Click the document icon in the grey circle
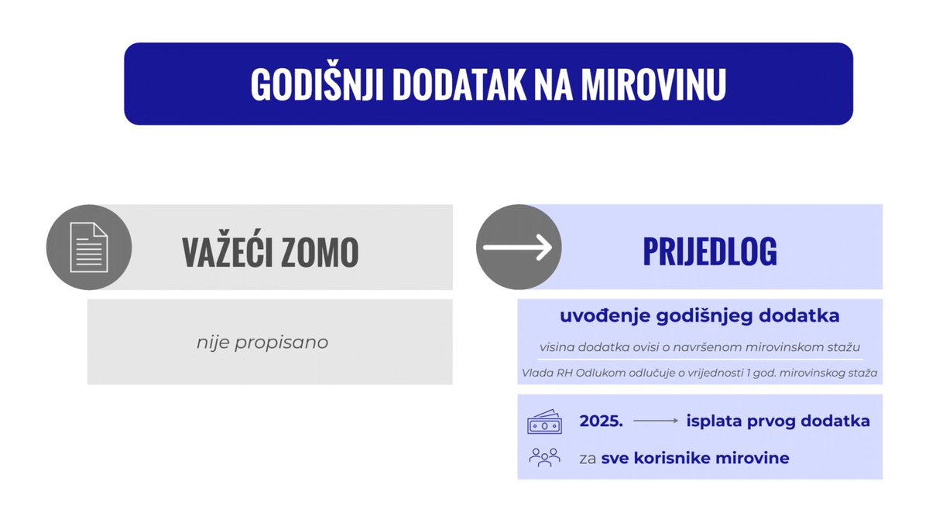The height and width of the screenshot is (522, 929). point(89,247)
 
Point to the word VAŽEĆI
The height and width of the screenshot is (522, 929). point(225,252)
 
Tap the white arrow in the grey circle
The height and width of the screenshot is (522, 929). point(517,247)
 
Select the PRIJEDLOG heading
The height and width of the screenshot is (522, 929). point(710,252)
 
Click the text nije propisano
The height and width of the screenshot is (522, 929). point(262,342)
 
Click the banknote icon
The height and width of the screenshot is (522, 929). point(544,422)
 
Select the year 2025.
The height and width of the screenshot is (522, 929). point(601,421)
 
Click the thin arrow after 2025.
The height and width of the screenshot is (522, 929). point(655,421)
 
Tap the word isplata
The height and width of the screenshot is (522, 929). point(712,421)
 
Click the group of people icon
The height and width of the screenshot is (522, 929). point(544,457)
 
